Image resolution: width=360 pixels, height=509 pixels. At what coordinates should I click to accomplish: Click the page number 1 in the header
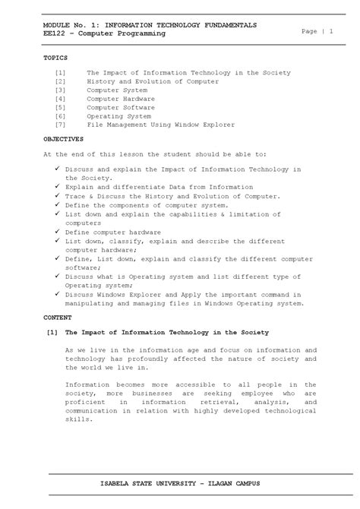point(331,30)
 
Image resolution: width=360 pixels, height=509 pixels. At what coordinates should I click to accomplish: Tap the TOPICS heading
point(55,58)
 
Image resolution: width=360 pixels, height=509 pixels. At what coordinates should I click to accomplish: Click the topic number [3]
point(60,90)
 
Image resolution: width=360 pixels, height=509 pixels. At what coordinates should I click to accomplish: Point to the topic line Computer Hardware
point(121,99)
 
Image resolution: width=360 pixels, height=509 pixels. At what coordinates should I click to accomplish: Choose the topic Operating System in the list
point(118,116)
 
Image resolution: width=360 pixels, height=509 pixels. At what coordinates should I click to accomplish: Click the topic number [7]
point(60,125)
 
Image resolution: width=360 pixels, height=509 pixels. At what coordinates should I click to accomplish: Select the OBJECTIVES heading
point(63,140)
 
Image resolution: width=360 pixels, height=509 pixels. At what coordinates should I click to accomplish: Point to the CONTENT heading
point(57,316)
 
